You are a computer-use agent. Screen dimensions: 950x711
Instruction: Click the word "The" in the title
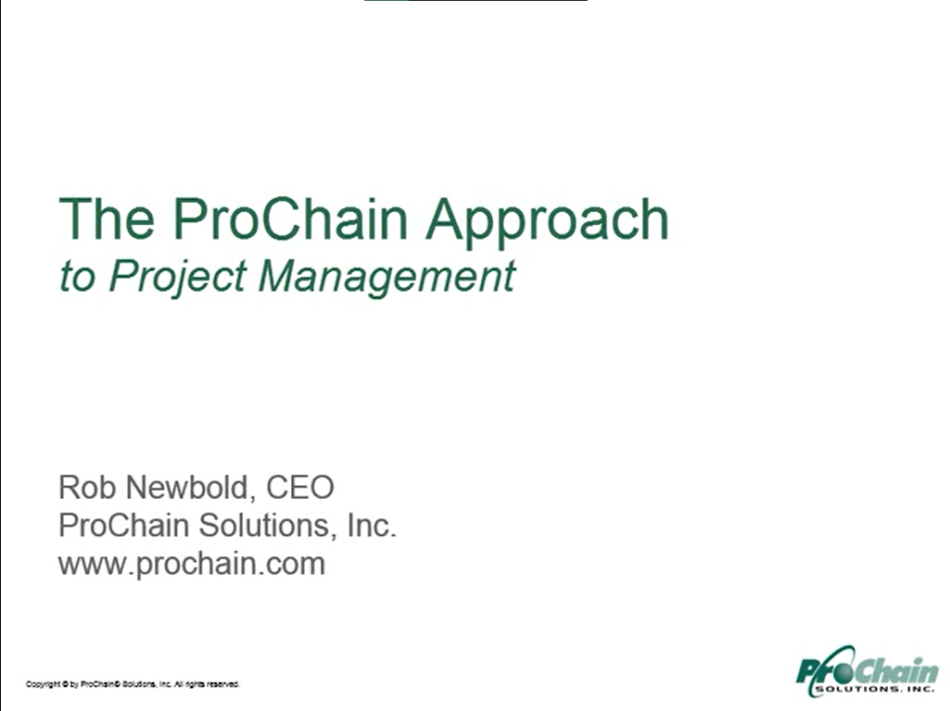(107, 218)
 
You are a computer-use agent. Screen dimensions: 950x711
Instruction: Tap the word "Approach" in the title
(548, 223)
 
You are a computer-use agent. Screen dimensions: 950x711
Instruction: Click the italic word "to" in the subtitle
(78, 277)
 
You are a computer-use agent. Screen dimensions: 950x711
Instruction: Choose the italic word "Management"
(387, 279)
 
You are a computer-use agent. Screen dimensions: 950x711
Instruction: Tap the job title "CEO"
(300, 488)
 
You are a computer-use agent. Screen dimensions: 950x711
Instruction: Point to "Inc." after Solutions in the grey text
(372, 525)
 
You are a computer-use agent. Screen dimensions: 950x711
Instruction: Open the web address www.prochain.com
(192, 564)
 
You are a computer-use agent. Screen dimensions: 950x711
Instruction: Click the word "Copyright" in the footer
(43, 684)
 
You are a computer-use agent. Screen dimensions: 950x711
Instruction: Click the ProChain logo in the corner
(868, 671)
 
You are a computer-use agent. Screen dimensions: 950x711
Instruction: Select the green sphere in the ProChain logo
(842, 670)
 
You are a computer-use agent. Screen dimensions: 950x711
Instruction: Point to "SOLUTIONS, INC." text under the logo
(876, 689)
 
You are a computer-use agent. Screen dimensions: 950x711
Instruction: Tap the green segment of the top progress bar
(386, 1)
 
